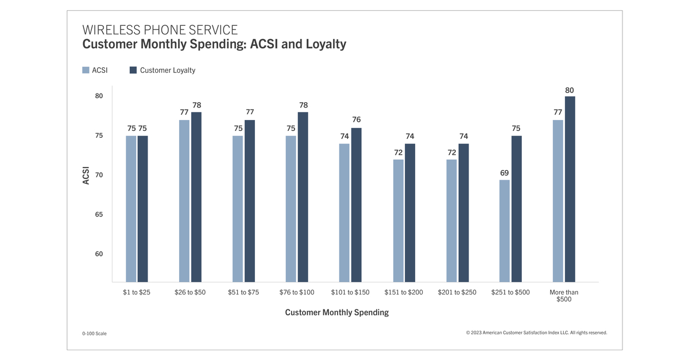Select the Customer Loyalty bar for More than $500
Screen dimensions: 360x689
570,189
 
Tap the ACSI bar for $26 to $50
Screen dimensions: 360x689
184,201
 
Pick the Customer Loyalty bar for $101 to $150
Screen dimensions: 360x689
357,204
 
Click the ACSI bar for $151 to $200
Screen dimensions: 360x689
398,220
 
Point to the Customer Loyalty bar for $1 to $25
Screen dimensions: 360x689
143,208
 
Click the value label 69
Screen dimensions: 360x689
504,173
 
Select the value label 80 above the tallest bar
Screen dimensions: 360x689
570,90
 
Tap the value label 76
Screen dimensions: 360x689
357,119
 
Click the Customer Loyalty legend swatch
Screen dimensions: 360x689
133,70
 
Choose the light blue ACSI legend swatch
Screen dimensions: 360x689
86,70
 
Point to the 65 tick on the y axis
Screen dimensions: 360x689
99,214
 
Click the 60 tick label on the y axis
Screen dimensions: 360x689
99,254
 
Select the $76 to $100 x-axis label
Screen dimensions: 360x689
297,292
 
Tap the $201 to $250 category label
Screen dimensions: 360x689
457,292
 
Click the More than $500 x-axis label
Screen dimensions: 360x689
564,296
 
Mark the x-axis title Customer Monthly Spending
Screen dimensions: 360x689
336,312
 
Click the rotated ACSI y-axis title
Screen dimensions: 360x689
86,175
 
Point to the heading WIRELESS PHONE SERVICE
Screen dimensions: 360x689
160,30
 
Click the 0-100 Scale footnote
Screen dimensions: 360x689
94,334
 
